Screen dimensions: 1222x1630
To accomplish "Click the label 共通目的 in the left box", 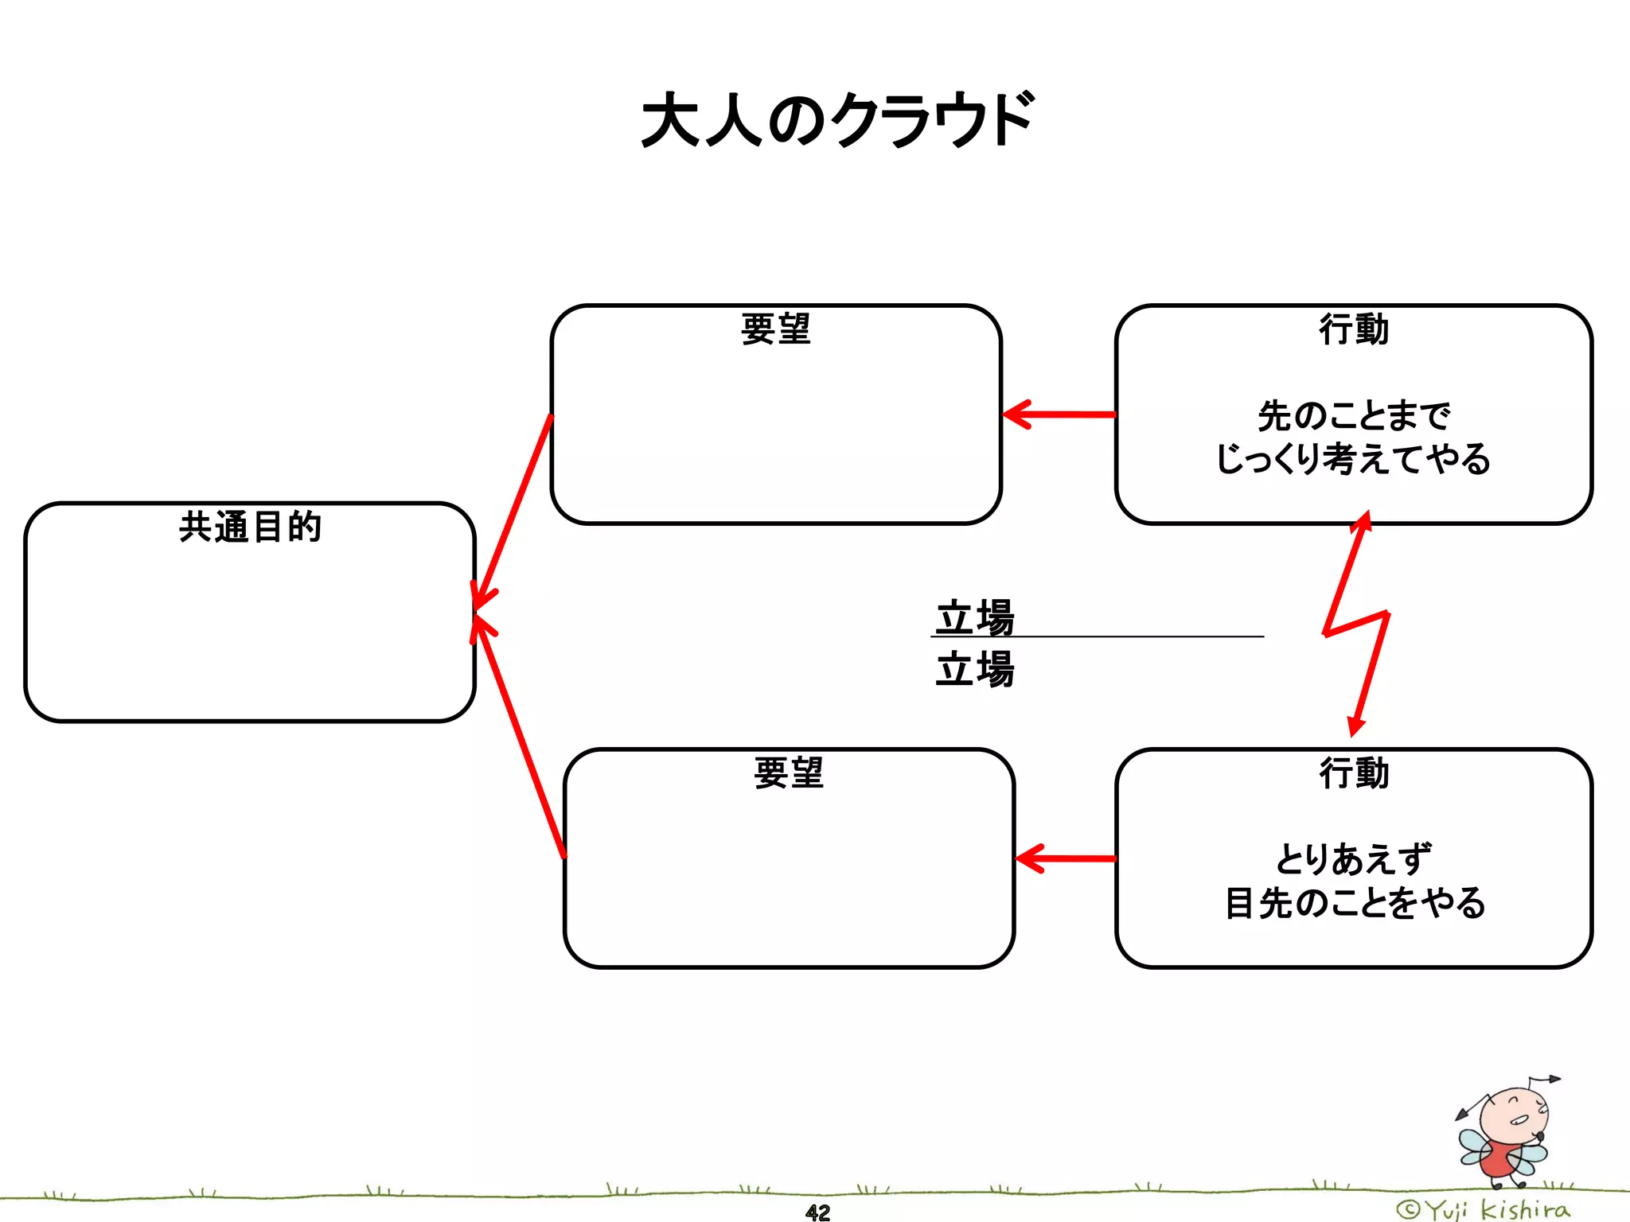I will (x=250, y=527).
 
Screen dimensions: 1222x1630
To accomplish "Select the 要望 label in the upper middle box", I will (x=775, y=329).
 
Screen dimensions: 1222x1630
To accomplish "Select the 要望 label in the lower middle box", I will (x=789, y=773).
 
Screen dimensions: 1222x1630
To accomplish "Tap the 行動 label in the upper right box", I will (x=1354, y=329).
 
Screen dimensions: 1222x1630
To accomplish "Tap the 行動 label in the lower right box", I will (x=1354, y=773).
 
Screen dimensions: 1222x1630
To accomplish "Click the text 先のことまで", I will (x=1354, y=415).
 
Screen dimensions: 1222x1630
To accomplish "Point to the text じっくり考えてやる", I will (x=1354, y=459).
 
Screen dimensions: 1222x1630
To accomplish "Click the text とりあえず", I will (x=1354, y=859).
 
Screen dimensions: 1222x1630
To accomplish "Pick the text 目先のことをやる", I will (x=1354, y=903).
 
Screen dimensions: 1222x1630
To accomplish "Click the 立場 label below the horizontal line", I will (x=975, y=668).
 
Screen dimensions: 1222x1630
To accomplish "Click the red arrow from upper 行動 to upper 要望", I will (x=1059, y=414).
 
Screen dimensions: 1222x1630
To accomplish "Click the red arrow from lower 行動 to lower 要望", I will (x=1067, y=858).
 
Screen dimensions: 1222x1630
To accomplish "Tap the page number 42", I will (x=817, y=1212).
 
